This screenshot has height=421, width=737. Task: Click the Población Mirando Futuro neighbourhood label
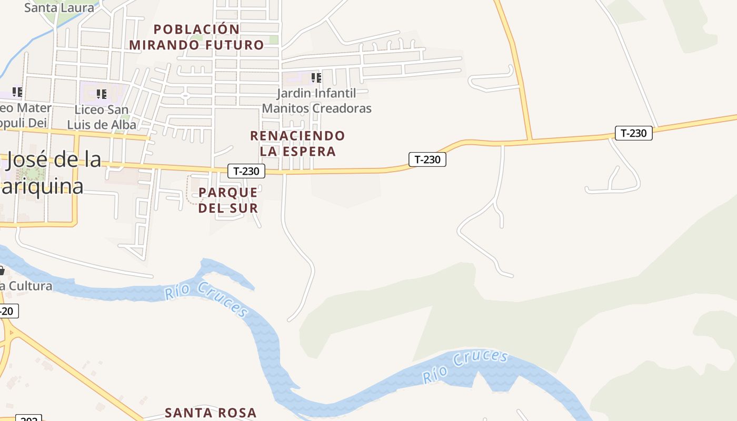click(x=196, y=37)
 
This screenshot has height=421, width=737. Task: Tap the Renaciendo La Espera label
click(x=297, y=143)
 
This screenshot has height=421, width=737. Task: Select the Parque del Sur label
click(x=228, y=200)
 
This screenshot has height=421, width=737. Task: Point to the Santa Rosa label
click(x=211, y=413)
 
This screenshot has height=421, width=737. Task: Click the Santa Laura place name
click(x=59, y=7)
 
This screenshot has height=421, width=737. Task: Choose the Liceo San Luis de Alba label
click(x=102, y=117)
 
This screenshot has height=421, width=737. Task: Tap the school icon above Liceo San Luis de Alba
click(x=102, y=94)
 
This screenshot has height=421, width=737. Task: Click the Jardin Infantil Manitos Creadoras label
click(x=317, y=101)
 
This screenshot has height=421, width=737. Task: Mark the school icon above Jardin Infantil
click(x=316, y=78)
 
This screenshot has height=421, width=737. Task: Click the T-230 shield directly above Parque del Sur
click(x=246, y=171)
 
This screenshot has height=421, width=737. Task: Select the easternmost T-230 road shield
click(x=634, y=133)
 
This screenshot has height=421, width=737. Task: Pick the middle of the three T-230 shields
click(x=427, y=159)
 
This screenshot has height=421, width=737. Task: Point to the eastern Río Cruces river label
click(x=465, y=366)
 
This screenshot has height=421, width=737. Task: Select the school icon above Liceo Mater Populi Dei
click(x=17, y=92)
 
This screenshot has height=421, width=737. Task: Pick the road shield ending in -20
click(x=7, y=311)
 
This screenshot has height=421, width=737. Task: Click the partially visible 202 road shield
click(x=28, y=418)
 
